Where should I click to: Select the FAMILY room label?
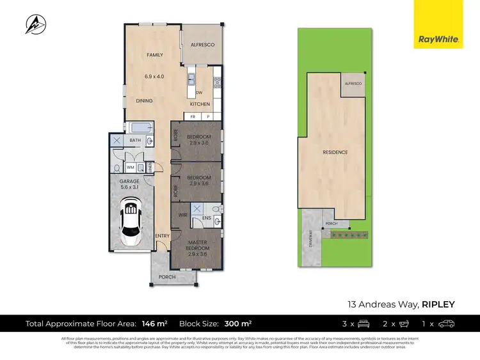click(x=155, y=55)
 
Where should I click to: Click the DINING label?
click(x=143, y=101)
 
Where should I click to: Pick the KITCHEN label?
click(x=200, y=104)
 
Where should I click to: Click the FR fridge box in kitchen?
click(x=193, y=117)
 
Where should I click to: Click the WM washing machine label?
click(x=130, y=168)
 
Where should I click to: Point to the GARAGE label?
click(x=129, y=182)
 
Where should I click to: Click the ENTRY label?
click(x=163, y=237)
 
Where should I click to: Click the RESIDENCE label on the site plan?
click(x=335, y=152)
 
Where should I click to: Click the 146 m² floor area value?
click(x=157, y=324)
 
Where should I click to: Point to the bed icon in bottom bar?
click(x=364, y=324)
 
